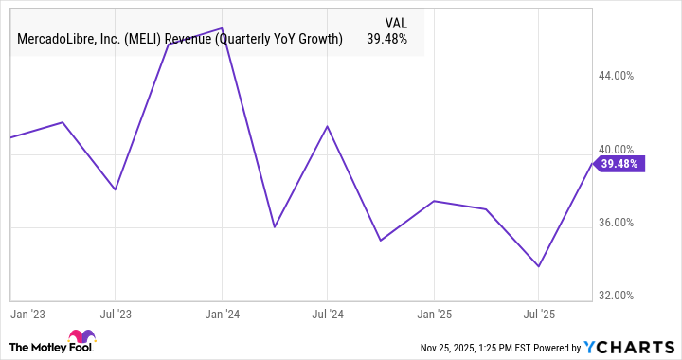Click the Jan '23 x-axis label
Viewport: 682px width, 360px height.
[x=27, y=311]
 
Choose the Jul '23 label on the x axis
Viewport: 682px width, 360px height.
[x=115, y=311]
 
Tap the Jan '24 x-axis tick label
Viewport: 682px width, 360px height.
[x=222, y=311]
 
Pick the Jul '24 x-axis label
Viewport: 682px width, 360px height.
[x=327, y=311]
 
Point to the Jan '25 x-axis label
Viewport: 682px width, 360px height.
[x=434, y=311]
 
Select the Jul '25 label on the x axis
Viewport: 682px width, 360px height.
[x=539, y=311]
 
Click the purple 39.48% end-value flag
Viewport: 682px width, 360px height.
[x=620, y=164]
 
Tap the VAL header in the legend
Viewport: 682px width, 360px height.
[x=396, y=22]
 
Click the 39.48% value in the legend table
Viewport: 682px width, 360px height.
[x=386, y=39]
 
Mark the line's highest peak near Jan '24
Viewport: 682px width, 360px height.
[x=221, y=28]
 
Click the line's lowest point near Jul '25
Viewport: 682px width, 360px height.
[x=539, y=266]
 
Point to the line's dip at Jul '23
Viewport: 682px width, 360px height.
[x=115, y=189]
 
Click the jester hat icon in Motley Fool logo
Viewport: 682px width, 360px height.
[x=81, y=338]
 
